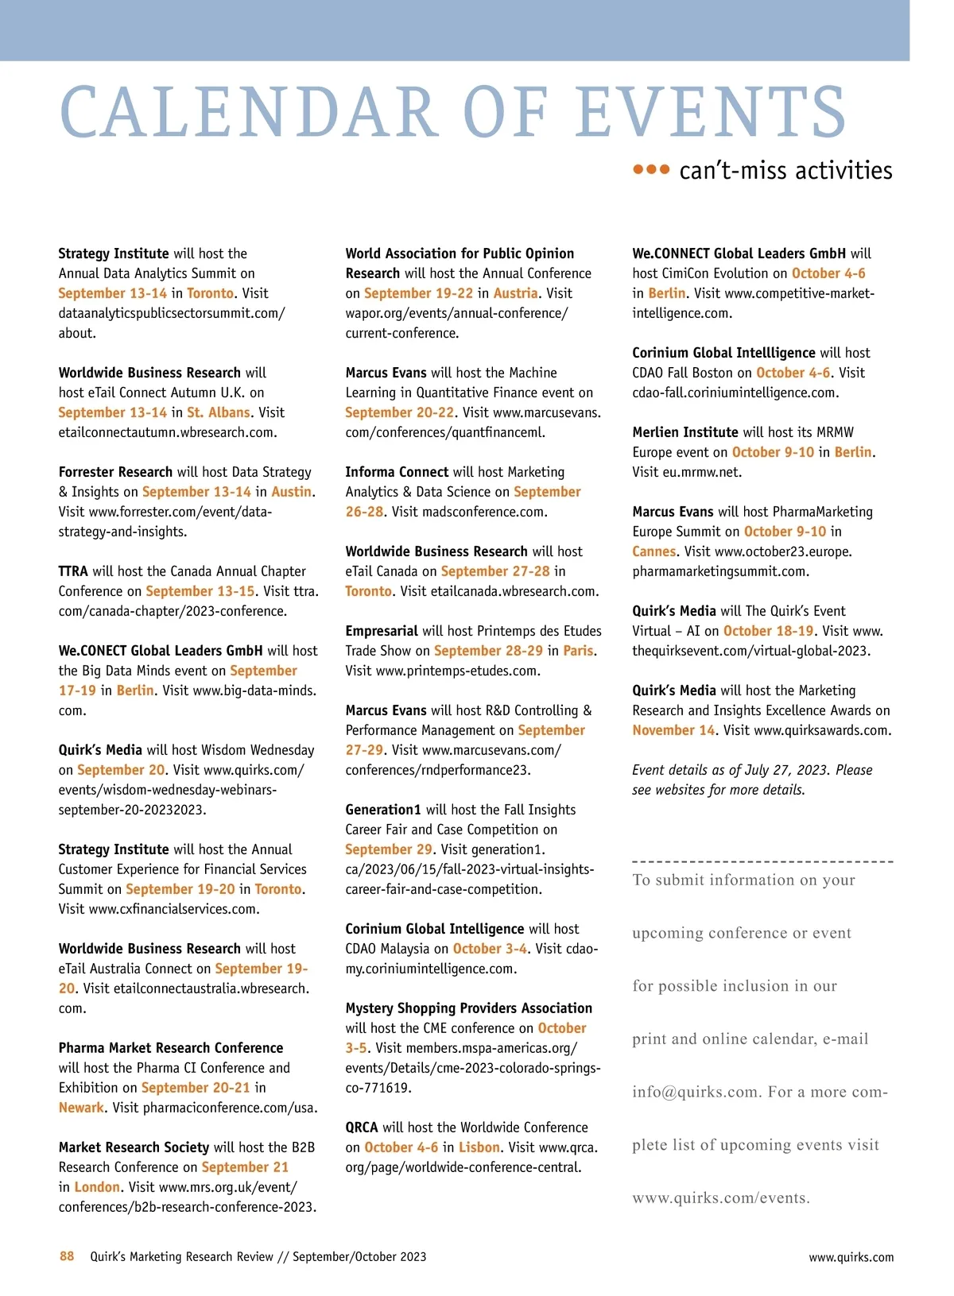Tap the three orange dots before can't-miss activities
tap(651, 169)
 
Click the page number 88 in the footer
tap(67, 1256)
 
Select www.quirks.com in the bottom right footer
tap(851, 1257)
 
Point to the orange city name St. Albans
tap(219, 412)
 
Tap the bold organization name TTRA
tap(73, 571)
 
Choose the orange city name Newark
tap(81, 1108)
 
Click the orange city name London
tap(97, 1187)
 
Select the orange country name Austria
tap(515, 293)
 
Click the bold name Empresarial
tap(382, 631)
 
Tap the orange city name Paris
tap(578, 651)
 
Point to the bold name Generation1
tap(383, 810)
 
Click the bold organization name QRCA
tap(362, 1128)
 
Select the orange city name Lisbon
tap(479, 1147)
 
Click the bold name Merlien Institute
tap(685, 432)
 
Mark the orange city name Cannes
tap(654, 551)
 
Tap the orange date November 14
tap(673, 730)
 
